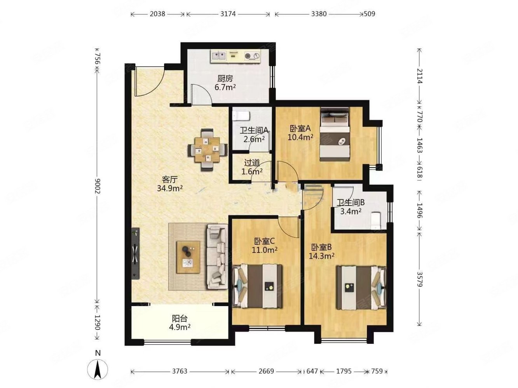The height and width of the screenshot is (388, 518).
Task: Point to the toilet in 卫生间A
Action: click(x=240, y=116)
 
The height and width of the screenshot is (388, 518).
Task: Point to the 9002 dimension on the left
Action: click(x=97, y=186)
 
